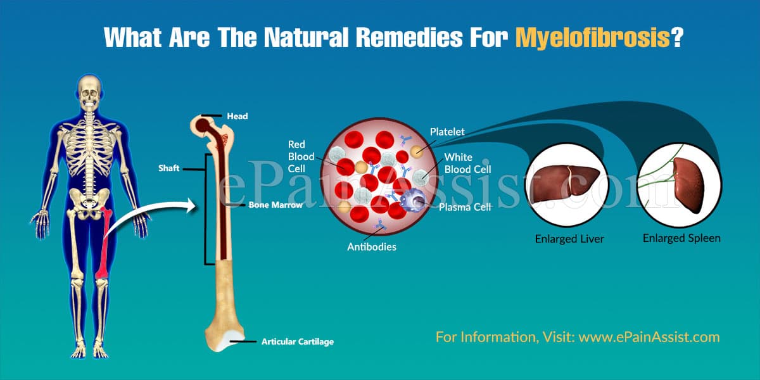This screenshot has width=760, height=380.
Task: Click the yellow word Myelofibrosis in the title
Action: click(593, 37)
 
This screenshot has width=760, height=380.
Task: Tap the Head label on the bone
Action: click(237, 117)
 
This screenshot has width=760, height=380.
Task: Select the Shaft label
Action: click(168, 168)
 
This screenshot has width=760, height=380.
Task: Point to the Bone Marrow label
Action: click(275, 205)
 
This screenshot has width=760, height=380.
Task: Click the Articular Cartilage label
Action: click(298, 341)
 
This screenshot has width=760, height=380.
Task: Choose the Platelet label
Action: click(447, 132)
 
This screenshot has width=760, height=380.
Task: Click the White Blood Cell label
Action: click(467, 163)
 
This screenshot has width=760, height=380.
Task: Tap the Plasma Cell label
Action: click(465, 207)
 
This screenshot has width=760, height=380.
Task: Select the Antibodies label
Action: click(372, 246)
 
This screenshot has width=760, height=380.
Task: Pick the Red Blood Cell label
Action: click(301, 156)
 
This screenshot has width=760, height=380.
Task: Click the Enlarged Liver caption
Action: click(569, 239)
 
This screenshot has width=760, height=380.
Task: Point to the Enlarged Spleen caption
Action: click(681, 238)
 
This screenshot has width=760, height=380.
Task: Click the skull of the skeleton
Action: click(89, 92)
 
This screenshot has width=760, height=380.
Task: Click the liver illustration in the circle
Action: click(564, 182)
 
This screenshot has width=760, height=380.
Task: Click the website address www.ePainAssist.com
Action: click(649, 337)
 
